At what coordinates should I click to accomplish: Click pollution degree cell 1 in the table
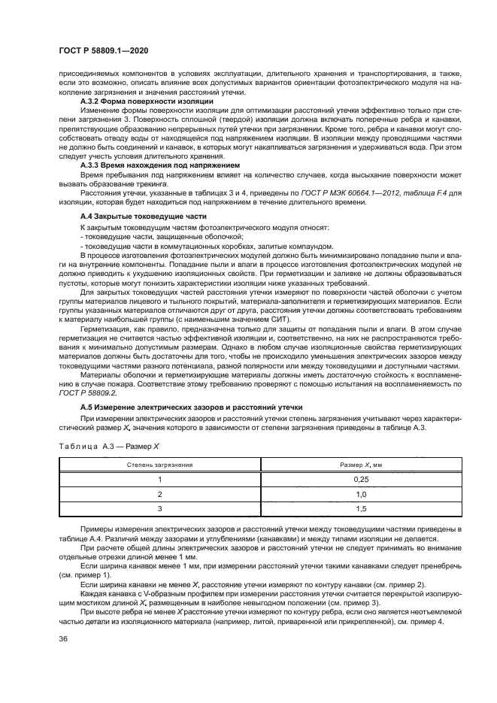coord(159,479)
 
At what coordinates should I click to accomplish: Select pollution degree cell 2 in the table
coord(159,494)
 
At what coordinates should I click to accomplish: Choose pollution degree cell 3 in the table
coord(159,509)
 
